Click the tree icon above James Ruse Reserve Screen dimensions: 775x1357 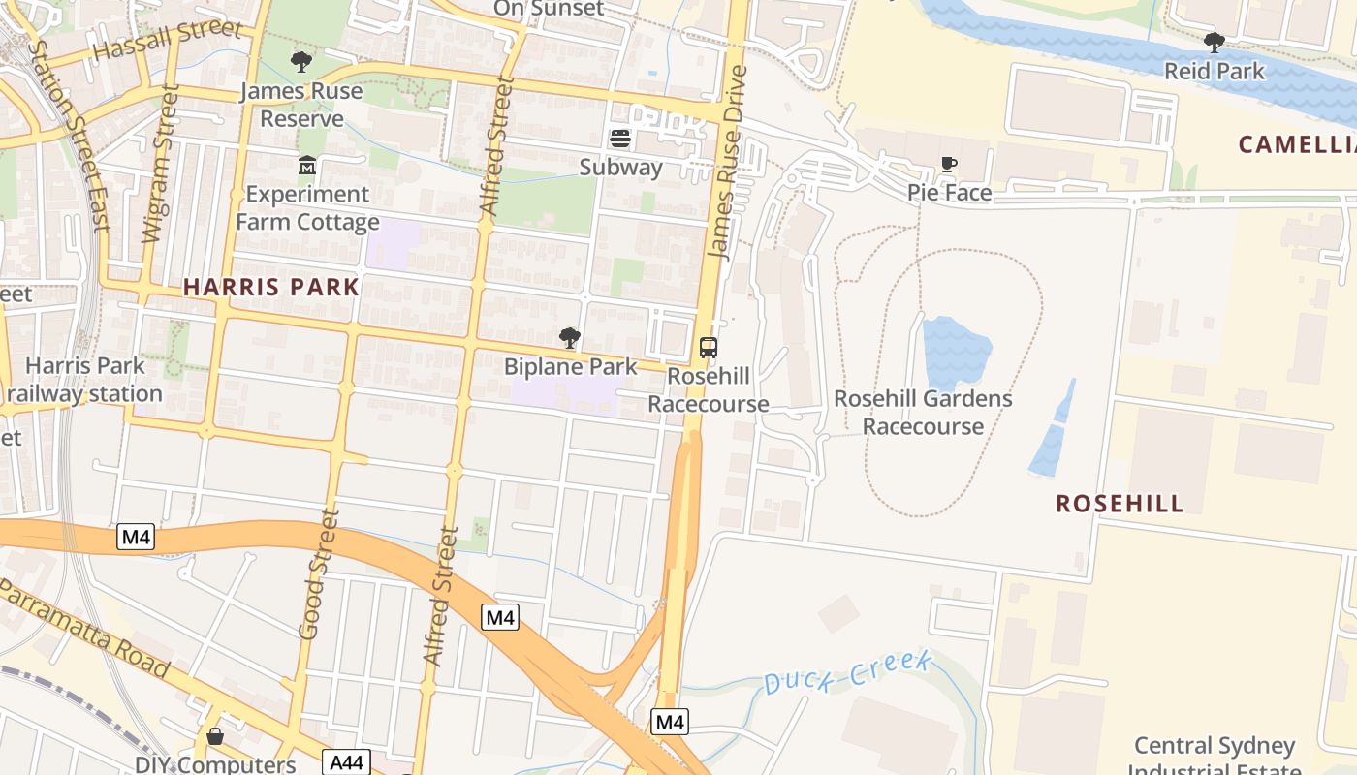301,63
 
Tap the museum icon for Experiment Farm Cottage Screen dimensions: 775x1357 307,166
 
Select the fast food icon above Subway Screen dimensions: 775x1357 620,139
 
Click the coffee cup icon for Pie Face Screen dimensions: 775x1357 949,165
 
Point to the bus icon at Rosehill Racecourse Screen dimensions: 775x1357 709,348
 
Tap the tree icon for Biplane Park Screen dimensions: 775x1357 570,338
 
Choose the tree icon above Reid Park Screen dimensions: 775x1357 1214,43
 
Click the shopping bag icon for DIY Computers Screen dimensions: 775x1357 215,737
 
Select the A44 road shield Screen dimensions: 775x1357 347,762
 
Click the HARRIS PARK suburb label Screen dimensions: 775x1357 271,287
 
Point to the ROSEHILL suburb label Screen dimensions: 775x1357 1120,504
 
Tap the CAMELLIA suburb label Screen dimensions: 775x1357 1297,145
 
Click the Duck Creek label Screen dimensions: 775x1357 848,672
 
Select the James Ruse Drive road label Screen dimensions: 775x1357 728,162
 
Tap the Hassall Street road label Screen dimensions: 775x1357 166,41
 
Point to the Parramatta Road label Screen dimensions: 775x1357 85,631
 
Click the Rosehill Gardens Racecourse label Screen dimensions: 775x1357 923,413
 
